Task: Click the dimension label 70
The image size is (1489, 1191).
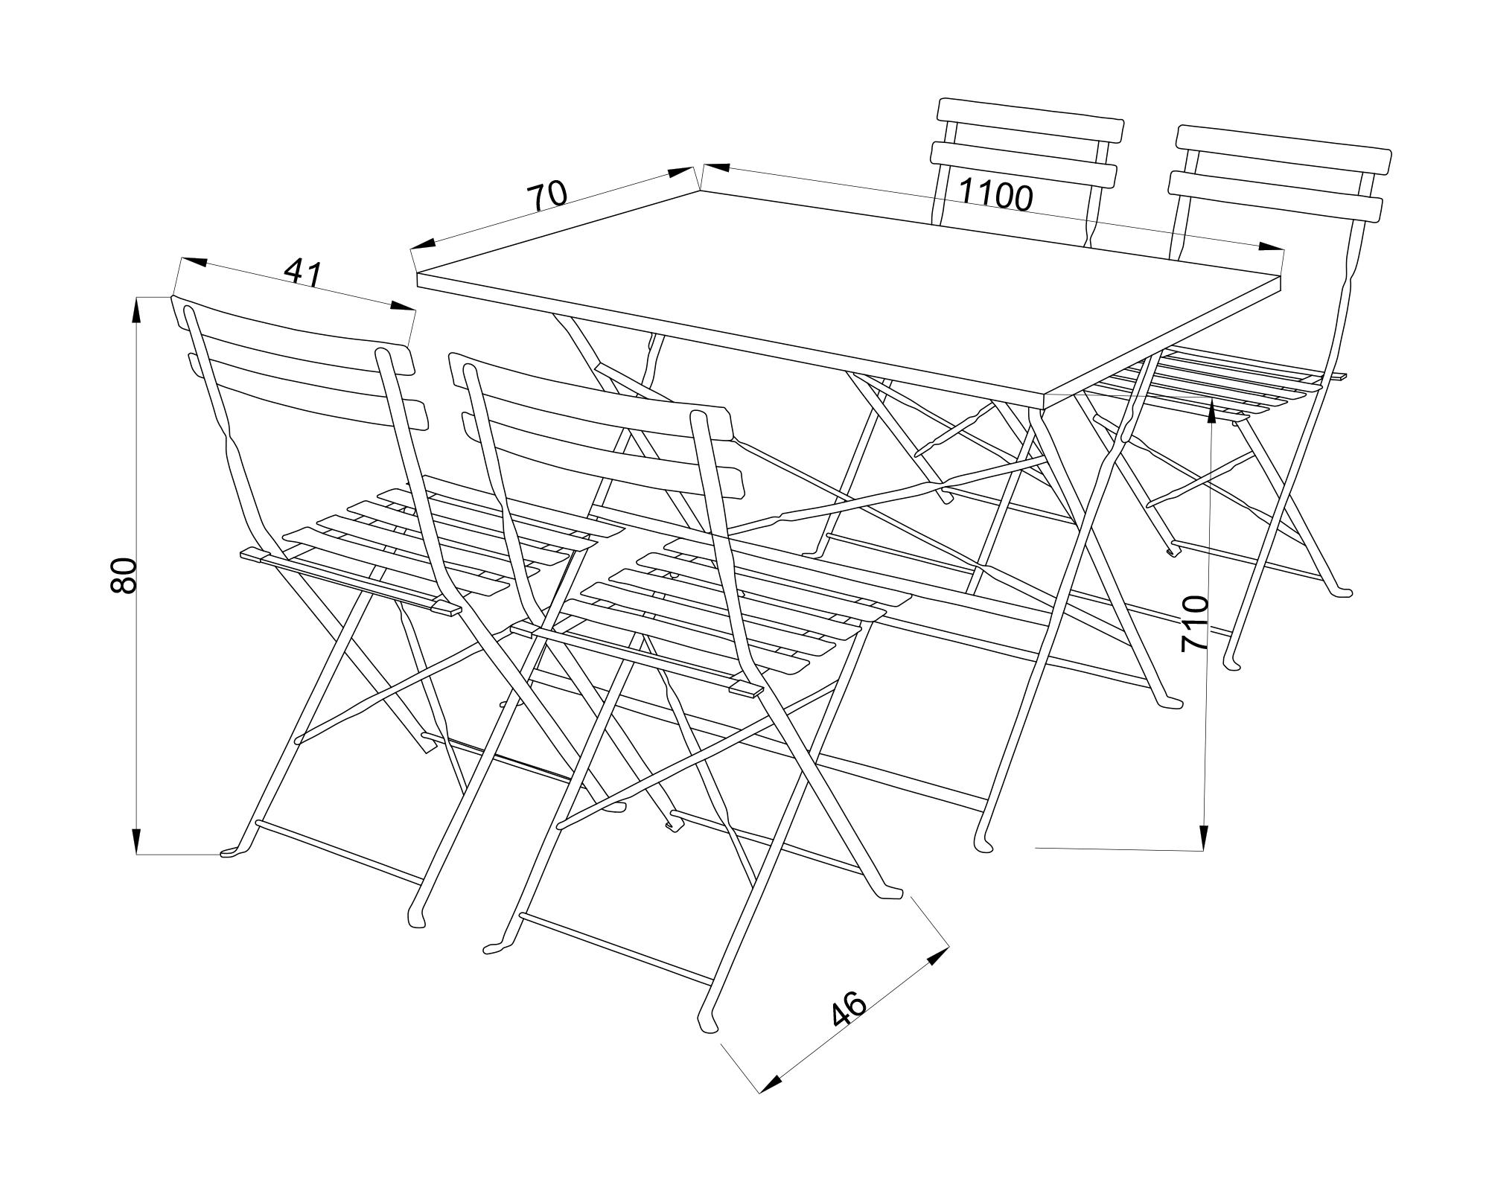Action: click(547, 196)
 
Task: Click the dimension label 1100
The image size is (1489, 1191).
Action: click(995, 194)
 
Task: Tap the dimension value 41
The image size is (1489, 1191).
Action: click(303, 273)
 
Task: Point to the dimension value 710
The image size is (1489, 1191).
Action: click(1195, 624)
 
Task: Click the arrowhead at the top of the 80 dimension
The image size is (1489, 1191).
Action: click(137, 310)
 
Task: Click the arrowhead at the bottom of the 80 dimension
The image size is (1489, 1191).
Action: click(137, 842)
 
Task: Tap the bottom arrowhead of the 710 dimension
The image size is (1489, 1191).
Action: click(1203, 837)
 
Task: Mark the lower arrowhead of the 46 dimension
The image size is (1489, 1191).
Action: click(770, 1084)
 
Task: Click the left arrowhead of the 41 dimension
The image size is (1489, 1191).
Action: click(194, 262)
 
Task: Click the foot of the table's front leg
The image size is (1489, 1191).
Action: click(983, 844)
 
